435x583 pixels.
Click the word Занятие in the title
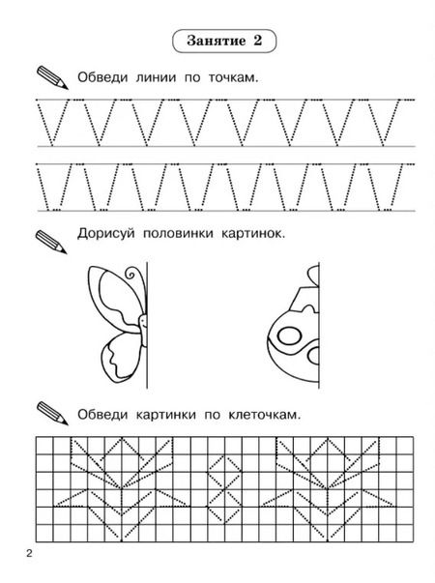pyautogui.click(x=217, y=41)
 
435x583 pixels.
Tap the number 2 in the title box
pyautogui.click(x=258, y=41)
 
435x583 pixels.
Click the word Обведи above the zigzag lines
pyautogui.click(x=102, y=77)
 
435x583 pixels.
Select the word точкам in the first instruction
pyautogui.click(x=233, y=78)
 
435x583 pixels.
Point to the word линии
pyautogui.click(x=156, y=78)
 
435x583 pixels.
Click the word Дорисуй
pyautogui.click(x=105, y=234)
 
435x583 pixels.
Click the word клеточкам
pyautogui.click(x=264, y=415)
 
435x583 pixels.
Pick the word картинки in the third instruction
pyautogui.click(x=165, y=415)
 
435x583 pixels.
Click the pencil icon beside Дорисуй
pyautogui.click(x=51, y=242)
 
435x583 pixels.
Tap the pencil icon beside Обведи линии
pyautogui.click(x=52, y=77)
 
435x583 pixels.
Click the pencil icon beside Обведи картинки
pyautogui.click(x=52, y=413)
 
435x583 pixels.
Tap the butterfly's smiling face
pyautogui.click(x=143, y=322)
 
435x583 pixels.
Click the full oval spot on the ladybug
pyautogui.click(x=290, y=336)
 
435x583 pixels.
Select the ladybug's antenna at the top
pyautogui.click(x=313, y=276)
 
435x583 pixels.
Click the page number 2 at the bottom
pyautogui.click(x=29, y=554)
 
